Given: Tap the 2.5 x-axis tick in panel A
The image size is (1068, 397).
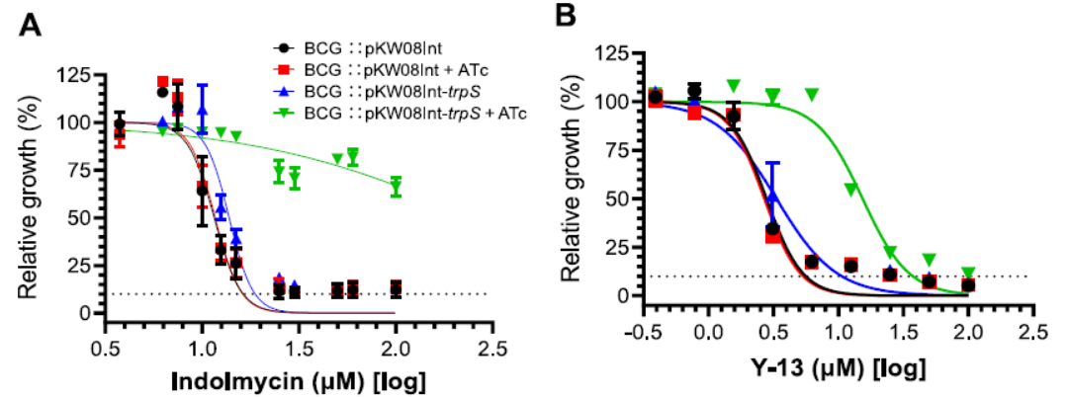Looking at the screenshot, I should tap(492, 348).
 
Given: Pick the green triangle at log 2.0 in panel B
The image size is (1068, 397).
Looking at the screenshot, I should tap(969, 274).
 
